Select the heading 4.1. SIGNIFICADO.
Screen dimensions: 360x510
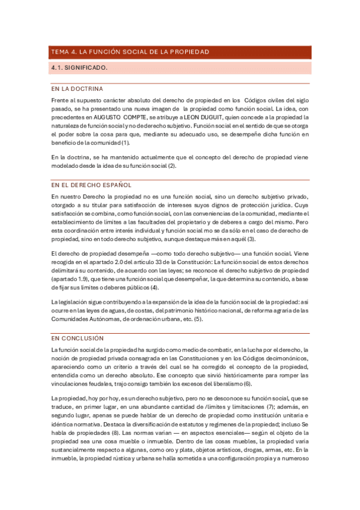79,68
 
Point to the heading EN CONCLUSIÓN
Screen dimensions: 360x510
78,339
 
